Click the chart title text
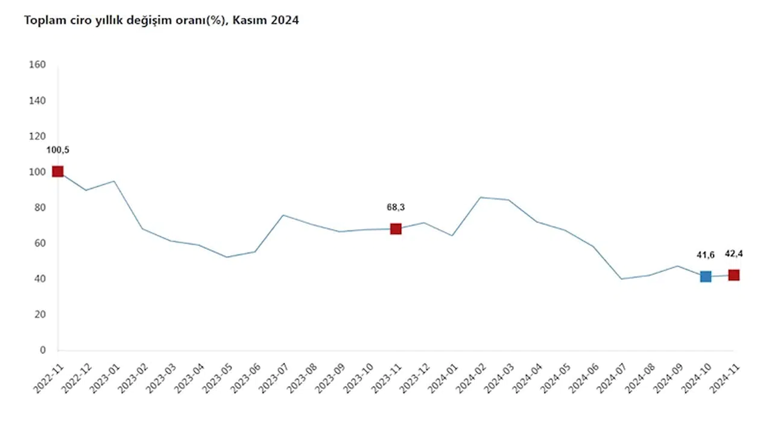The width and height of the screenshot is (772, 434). (161, 20)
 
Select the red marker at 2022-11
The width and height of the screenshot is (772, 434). (57, 172)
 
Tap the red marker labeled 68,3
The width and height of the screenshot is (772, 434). (396, 229)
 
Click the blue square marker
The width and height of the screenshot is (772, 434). (706, 277)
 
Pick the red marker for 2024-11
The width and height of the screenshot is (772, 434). (734, 275)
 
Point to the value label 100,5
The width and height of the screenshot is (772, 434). (58, 150)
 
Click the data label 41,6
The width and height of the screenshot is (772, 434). (706, 256)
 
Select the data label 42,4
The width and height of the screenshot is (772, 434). (734, 254)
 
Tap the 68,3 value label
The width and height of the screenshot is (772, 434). (396, 207)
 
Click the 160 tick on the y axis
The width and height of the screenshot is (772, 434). (37, 64)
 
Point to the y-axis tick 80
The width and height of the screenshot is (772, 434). (40, 207)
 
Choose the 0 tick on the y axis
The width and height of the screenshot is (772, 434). (42, 350)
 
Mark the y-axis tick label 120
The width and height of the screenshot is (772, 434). (37, 136)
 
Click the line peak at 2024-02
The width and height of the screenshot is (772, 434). (480, 197)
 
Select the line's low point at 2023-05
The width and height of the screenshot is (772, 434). (227, 257)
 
